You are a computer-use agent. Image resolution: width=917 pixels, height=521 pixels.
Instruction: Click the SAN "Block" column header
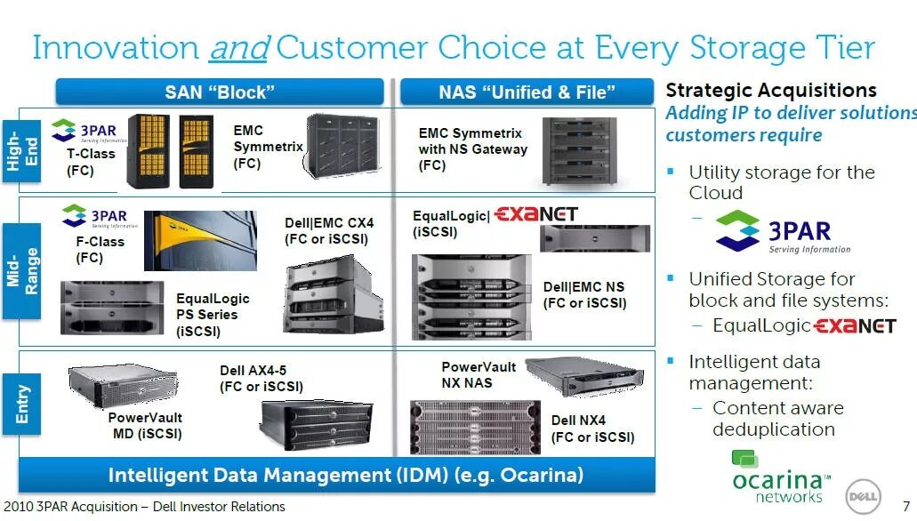tap(219, 92)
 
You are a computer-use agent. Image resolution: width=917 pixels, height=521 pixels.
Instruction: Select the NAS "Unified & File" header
tap(527, 92)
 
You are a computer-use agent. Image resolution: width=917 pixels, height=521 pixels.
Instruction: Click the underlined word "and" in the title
tap(238, 47)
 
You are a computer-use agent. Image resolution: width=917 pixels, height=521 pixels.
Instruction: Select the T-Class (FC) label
tap(91, 162)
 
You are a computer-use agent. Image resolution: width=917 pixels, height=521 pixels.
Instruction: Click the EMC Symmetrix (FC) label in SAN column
tap(268, 147)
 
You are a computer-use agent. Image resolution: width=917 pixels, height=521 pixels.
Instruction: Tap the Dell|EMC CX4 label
tap(329, 231)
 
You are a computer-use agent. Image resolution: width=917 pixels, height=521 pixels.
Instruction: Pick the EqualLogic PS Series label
tap(213, 315)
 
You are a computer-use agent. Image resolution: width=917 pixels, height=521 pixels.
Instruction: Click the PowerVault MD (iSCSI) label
tap(145, 426)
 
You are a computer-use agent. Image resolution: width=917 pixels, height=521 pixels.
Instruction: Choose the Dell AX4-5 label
tap(261, 379)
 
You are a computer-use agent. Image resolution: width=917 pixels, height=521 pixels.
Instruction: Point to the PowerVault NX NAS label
tap(479, 374)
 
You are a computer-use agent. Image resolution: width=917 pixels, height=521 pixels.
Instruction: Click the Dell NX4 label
tap(592, 429)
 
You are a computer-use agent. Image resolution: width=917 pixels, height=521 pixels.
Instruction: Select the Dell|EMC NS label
tap(584, 295)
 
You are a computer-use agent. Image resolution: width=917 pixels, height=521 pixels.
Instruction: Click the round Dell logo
tap(862, 492)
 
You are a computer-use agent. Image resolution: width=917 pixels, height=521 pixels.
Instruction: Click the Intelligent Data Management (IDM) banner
tap(345, 475)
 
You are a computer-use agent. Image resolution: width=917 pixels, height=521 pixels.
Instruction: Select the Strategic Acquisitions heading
tap(771, 90)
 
